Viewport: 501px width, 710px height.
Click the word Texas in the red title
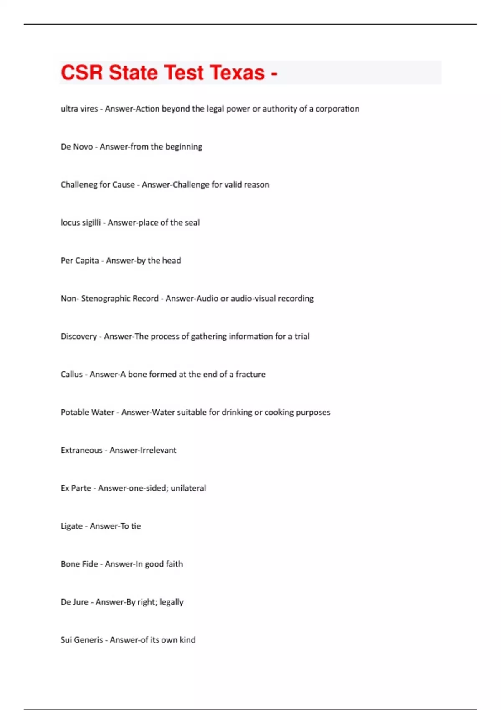coord(237,73)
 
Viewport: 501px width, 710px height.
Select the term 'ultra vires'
coord(79,109)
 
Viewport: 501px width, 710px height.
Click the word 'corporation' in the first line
coord(337,109)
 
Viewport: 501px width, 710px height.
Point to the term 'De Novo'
coord(77,147)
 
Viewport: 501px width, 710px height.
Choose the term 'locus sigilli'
coord(81,223)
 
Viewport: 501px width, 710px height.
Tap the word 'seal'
coord(192,223)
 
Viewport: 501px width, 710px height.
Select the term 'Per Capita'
coord(80,261)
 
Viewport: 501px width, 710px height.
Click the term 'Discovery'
coord(78,337)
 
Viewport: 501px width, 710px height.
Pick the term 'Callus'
coord(71,374)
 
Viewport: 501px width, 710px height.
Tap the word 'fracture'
coord(250,374)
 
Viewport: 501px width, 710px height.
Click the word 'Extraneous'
coord(81,450)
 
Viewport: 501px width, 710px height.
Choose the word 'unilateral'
coord(188,488)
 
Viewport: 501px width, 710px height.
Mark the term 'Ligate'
coord(71,526)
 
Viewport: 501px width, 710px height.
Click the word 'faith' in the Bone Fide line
coord(175,564)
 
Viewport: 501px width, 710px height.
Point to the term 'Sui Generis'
coord(82,640)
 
